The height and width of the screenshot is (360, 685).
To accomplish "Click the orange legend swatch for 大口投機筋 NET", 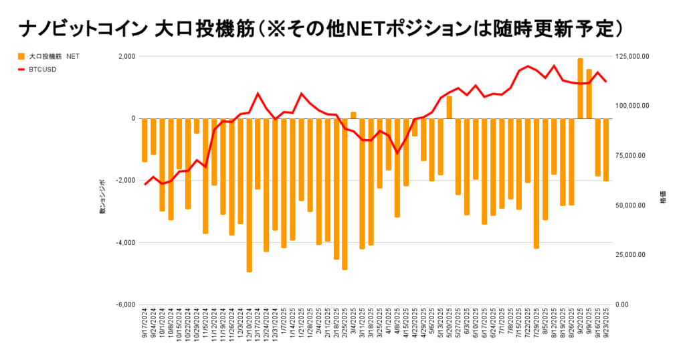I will [22, 56].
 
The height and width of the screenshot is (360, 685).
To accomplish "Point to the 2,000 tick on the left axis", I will [126, 56].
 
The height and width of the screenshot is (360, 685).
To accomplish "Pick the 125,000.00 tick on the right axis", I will [631, 56].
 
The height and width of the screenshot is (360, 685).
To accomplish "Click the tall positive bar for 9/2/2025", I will [580, 88].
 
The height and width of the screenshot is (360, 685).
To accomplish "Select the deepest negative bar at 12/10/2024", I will [249, 195].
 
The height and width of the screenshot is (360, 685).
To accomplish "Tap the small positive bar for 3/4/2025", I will [353, 115].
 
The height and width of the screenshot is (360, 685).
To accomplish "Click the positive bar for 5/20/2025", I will [450, 107].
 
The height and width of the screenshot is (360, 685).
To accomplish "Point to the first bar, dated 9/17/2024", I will [144, 140].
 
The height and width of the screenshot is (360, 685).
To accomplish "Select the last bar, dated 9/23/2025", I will [606, 149].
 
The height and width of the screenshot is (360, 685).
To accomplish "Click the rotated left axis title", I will [102, 197].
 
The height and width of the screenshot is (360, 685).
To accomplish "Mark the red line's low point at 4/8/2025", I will [397, 153].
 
